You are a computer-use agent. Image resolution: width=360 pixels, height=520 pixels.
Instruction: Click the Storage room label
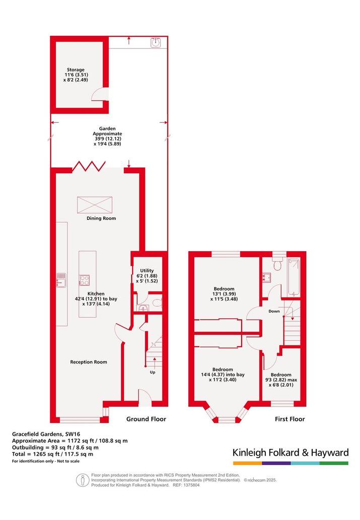pyautogui.click(x=76, y=70)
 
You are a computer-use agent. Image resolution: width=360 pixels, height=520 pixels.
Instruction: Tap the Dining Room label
pyautogui.click(x=101, y=218)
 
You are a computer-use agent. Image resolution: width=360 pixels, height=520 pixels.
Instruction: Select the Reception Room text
pyautogui.click(x=89, y=362)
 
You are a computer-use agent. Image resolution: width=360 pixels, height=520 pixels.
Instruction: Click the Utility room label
pyautogui.click(x=147, y=271)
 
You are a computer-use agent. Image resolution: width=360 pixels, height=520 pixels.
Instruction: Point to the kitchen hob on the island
pyautogui.click(x=84, y=280)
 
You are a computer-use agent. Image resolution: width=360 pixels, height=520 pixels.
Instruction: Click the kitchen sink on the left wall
pyautogui.click(x=61, y=280)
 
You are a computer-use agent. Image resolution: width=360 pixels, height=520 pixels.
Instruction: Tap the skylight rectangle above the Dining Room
pyautogui.click(x=95, y=204)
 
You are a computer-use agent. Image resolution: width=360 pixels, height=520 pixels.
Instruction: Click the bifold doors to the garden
pyautogui.click(x=89, y=166)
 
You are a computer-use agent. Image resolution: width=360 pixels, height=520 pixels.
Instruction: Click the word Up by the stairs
pyautogui.click(x=153, y=372)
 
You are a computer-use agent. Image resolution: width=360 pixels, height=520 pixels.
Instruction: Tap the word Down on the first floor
pyautogui.click(x=274, y=311)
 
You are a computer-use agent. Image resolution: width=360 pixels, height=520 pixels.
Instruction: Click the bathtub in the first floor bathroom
pyautogui.click(x=294, y=277)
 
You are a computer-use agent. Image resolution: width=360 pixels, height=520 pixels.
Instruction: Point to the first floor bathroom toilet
pyautogui.click(x=278, y=264)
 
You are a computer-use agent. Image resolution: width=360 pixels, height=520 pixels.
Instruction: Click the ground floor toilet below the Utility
pyautogui.click(x=158, y=303)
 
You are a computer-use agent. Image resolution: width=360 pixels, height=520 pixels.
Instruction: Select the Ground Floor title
pyautogui.click(x=147, y=419)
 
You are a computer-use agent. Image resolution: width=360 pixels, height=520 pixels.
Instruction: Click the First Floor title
pyautogui.click(x=290, y=419)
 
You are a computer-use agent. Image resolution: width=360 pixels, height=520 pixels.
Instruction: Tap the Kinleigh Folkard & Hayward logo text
pyautogui.click(x=291, y=453)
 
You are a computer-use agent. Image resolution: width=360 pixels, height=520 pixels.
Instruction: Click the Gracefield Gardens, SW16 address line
pyautogui.click(x=46, y=434)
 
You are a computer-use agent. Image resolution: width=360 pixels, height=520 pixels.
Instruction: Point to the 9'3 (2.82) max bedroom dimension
pyautogui.click(x=281, y=380)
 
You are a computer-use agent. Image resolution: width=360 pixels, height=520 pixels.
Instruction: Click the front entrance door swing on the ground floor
pyautogui.click(x=145, y=397)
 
